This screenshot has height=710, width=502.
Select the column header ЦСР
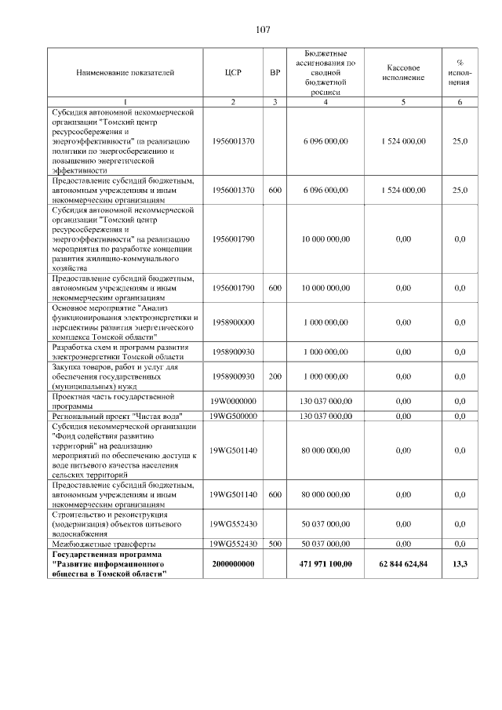click(233, 73)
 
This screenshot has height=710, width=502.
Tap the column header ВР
click(275, 73)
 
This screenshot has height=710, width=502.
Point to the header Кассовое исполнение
click(404, 73)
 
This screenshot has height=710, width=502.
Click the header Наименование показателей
click(125, 73)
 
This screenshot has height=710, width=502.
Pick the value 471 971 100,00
click(326, 564)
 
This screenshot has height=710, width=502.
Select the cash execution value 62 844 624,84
click(404, 564)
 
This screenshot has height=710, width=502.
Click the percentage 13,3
click(460, 564)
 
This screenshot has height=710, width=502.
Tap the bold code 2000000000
click(233, 564)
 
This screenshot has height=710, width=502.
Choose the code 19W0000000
click(233, 401)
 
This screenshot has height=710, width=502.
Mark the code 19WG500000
click(233, 416)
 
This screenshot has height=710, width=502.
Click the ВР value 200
click(275, 377)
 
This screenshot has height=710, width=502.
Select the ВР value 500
click(275, 544)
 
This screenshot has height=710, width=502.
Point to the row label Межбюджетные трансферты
click(103, 544)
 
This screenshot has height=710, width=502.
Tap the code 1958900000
click(233, 322)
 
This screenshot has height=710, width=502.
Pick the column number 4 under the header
click(326, 102)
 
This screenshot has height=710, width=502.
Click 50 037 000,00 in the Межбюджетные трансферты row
click(326, 544)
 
